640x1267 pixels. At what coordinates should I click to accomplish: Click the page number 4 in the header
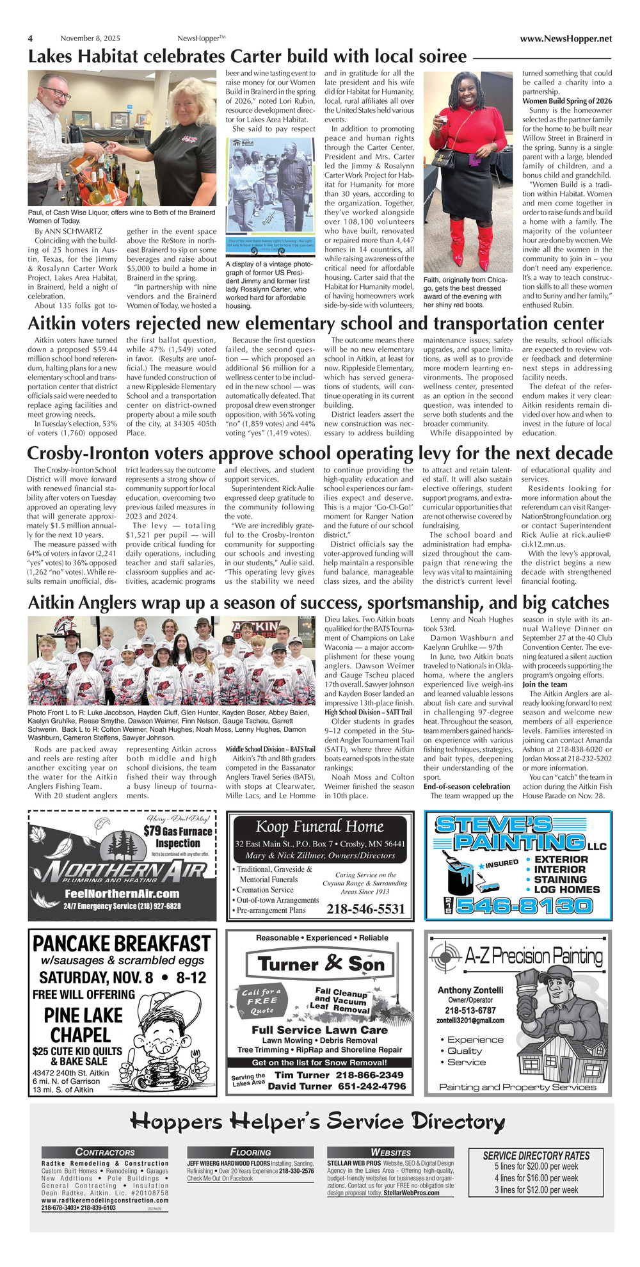tap(30, 38)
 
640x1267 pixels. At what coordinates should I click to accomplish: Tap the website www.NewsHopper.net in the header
tap(566, 38)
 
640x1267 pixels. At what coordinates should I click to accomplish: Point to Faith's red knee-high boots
tap(471, 244)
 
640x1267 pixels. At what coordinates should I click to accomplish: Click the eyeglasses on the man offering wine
tap(57, 93)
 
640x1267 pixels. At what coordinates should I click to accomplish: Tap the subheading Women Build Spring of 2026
tap(567, 101)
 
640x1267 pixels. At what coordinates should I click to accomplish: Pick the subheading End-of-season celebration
tap(467, 786)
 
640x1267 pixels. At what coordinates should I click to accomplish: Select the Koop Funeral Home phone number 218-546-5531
tap(365, 909)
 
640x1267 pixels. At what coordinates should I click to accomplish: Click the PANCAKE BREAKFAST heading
tap(122, 944)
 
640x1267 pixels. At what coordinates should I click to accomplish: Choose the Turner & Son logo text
tap(321, 964)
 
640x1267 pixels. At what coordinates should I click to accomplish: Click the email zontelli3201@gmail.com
tap(472, 1021)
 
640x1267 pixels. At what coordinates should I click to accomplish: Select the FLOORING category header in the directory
tap(250, 1152)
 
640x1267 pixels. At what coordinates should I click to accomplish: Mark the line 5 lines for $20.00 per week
tap(536, 1166)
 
